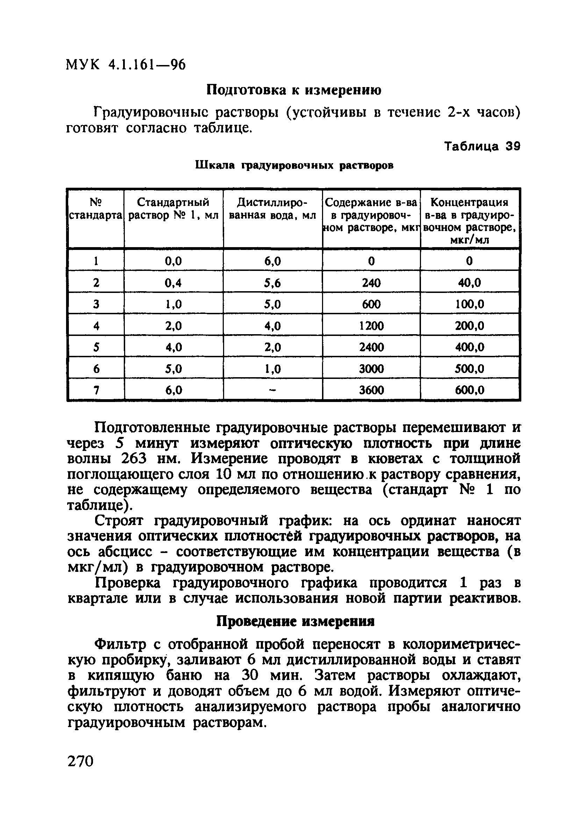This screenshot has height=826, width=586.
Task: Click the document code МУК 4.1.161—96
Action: [126, 65]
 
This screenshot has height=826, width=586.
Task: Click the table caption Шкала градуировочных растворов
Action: [294, 165]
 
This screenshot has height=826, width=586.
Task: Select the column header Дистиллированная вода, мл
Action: [272, 209]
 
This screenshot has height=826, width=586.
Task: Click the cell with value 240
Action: [371, 283]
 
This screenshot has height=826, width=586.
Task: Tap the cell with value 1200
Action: [371, 326]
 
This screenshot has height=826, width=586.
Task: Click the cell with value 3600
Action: [371, 390]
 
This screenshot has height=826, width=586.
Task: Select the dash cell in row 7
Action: [272, 390]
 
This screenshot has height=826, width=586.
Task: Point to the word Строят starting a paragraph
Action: [119, 521]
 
